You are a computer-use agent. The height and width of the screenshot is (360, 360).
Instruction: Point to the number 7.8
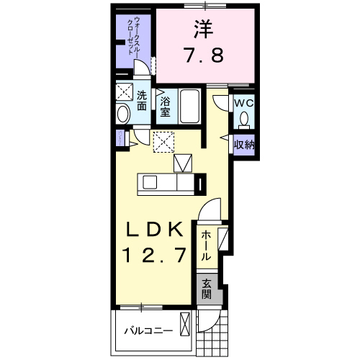[x=204, y=55]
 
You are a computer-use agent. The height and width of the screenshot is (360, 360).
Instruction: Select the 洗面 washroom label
[x=143, y=100]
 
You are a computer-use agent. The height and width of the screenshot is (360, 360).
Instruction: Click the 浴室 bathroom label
[x=165, y=107]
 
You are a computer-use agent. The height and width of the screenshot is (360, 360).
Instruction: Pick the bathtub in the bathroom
[x=191, y=107]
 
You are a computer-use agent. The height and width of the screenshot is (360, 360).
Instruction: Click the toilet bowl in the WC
[x=245, y=119]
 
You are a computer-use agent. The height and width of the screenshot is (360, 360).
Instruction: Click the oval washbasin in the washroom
[x=122, y=113]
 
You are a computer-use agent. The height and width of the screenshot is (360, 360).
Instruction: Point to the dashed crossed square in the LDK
[x=164, y=142]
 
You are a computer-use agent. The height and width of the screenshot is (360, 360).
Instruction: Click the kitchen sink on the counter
[x=153, y=182]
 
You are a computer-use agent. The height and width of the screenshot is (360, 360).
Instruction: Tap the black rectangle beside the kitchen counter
[x=201, y=184]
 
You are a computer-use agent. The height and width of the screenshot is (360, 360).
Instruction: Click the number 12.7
[x=156, y=254]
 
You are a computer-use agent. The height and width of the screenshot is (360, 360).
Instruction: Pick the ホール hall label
[x=205, y=246]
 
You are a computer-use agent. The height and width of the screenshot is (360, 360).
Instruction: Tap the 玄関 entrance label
[x=207, y=289]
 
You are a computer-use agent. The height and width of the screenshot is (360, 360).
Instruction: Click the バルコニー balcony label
[x=147, y=332]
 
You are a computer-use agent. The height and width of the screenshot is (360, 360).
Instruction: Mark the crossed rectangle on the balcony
[x=187, y=323]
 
